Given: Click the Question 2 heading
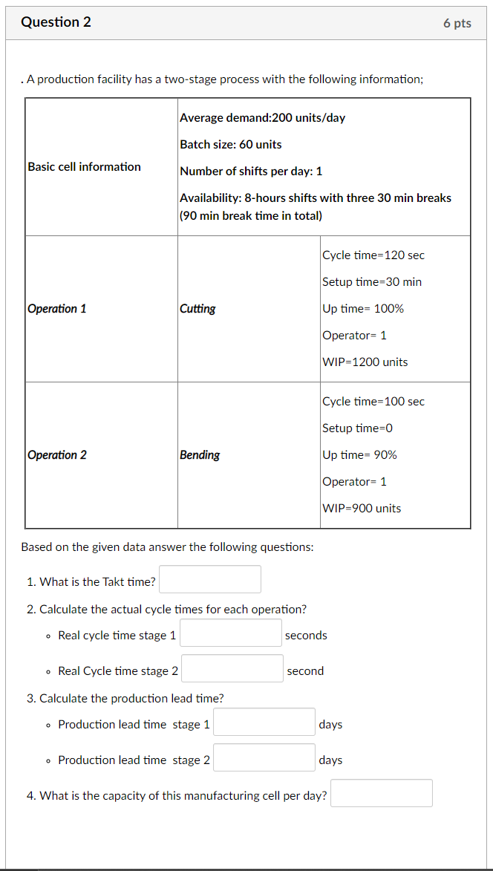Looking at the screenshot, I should coord(56,22).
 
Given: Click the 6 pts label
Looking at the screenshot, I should coord(457,23).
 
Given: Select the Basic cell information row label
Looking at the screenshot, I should coord(84,166).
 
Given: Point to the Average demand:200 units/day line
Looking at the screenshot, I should coord(262,117).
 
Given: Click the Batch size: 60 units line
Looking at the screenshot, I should coord(230,144).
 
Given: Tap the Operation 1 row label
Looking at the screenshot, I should coord(56,308).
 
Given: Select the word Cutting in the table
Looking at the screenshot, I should coord(197,308).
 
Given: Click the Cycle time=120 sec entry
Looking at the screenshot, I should coord(373,255).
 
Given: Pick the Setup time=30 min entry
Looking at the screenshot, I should coord(372,281).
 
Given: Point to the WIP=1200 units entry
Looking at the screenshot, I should coord(365,362).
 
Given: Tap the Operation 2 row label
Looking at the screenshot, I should coord(56,454).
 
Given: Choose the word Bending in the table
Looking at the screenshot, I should coord(200,454).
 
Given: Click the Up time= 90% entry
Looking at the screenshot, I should coord(359,454).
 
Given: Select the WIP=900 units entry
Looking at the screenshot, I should coord(362,508).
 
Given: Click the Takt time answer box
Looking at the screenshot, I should coord(210,579).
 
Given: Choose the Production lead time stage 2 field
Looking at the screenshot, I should coord(264,757).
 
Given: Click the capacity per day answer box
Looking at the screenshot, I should coord(382,793).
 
